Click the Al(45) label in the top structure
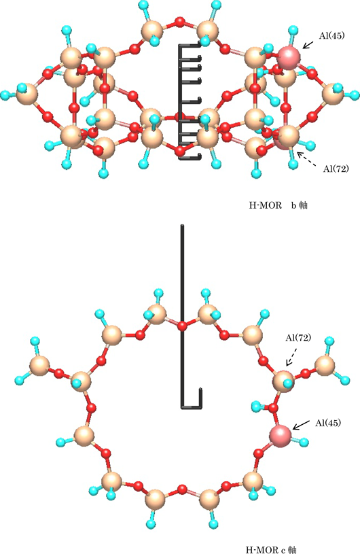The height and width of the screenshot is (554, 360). pyautogui.click(x=331, y=35)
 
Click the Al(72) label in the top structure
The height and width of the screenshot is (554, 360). pyautogui.click(x=336, y=169)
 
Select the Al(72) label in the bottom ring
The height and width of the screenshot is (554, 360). pyautogui.click(x=298, y=338)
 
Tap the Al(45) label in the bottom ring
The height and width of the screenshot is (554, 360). pyautogui.click(x=328, y=423)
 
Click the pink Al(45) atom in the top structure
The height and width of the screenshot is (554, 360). pyautogui.click(x=289, y=56)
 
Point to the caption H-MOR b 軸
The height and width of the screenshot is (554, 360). pyautogui.click(x=278, y=205)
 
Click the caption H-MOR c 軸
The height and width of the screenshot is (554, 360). pyautogui.click(x=271, y=549)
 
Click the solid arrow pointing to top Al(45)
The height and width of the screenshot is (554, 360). pyautogui.click(x=308, y=44)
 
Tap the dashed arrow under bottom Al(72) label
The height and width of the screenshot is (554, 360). pyautogui.click(x=291, y=357)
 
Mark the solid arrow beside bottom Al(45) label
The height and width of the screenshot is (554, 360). pyautogui.click(x=301, y=425)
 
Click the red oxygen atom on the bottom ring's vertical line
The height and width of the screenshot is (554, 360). pyautogui.click(x=182, y=326)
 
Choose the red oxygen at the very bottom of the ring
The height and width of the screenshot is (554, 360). pyautogui.click(x=182, y=489)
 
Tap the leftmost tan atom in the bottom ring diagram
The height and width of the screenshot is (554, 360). pyautogui.click(x=39, y=366)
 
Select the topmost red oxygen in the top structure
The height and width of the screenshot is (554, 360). pyautogui.click(x=180, y=22)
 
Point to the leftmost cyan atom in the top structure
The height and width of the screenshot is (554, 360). pyautogui.click(x=5, y=94)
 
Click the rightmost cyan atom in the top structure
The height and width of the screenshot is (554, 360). pyautogui.click(x=355, y=94)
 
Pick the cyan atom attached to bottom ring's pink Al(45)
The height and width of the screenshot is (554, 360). pyautogui.click(x=304, y=442)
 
